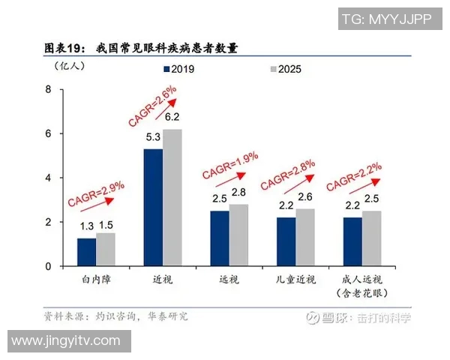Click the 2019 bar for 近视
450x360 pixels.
coord(153,208)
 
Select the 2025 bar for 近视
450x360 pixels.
coord(172,198)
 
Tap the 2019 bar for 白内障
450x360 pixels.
coord(86,252)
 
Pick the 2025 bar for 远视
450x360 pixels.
coord(238,235)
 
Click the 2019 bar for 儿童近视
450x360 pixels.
coord(286,241)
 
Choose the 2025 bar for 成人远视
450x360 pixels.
coord(372,238)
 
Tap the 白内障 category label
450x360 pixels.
coord(97,280)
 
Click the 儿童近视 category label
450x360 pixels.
coord(295,280)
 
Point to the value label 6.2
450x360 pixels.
coord(172,117)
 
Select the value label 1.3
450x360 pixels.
coord(87,225)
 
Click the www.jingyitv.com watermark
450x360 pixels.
coord(66,341)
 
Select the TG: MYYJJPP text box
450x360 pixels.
coord(385,19)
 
